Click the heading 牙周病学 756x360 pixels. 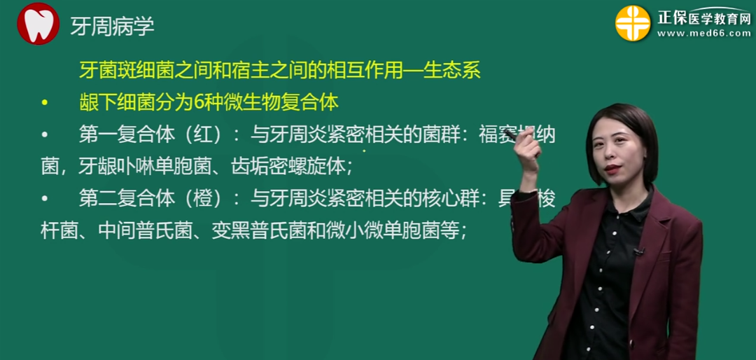tap(112, 27)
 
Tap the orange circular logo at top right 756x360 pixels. tap(632, 23)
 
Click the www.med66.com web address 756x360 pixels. tap(703, 33)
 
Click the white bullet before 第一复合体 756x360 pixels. tap(45, 135)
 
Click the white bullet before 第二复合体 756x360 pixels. tap(45, 199)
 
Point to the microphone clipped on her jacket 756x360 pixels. tap(638, 251)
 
